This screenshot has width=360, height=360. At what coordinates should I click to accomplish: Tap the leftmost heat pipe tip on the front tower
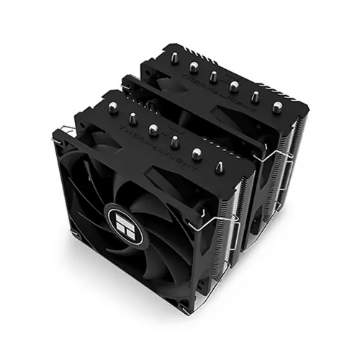[112, 107]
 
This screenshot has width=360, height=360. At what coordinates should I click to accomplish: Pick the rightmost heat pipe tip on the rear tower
[277, 107]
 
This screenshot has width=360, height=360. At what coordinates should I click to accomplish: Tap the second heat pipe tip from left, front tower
[132, 117]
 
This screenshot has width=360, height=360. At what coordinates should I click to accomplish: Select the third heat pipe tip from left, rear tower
[213, 75]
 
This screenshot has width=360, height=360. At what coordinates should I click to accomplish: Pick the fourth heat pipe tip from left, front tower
[174, 140]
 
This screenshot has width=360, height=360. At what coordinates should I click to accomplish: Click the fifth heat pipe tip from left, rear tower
[256, 96]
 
